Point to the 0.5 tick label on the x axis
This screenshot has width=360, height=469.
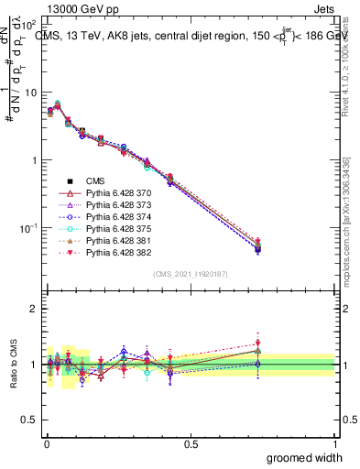pyautogui.click(x=191, y=443)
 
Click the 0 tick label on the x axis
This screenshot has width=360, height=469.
pyautogui.click(x=46, y=443)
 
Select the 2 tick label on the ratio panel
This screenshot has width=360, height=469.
pyautogui.click(x=33, y=309)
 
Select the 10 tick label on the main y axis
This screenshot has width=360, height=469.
pyautogui.click(x=30, y=93)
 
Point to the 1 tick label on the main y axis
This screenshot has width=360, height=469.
pyautogui.click(x=33, y=160)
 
